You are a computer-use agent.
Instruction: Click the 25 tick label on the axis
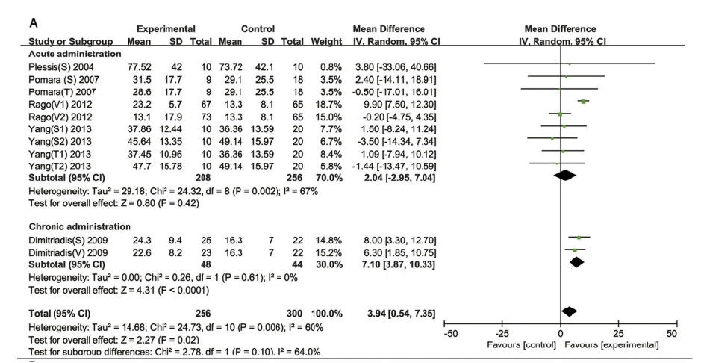pos(617,332)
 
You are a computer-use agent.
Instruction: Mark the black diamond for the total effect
pos(569,310)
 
